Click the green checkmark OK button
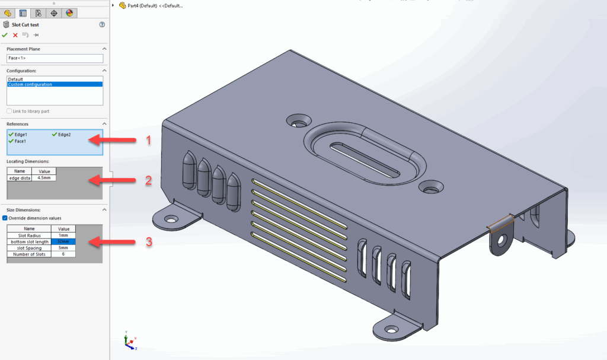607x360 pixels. tap(5, 35)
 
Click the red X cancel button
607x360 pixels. tap(15, 35)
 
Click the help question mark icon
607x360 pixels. tap(102, 24)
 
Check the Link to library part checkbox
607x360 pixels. tap(8, 111)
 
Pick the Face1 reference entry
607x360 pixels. tap(20, 141)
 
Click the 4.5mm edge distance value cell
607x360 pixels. tap(43, 177)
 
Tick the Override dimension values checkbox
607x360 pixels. tap(5, 218)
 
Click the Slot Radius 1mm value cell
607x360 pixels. tap(63, 235)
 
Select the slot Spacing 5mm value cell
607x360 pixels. tap(63, 248)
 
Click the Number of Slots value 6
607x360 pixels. tap(63, 254)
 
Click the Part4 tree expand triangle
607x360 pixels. tap(113, 5)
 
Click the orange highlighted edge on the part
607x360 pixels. tap(499, 222)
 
